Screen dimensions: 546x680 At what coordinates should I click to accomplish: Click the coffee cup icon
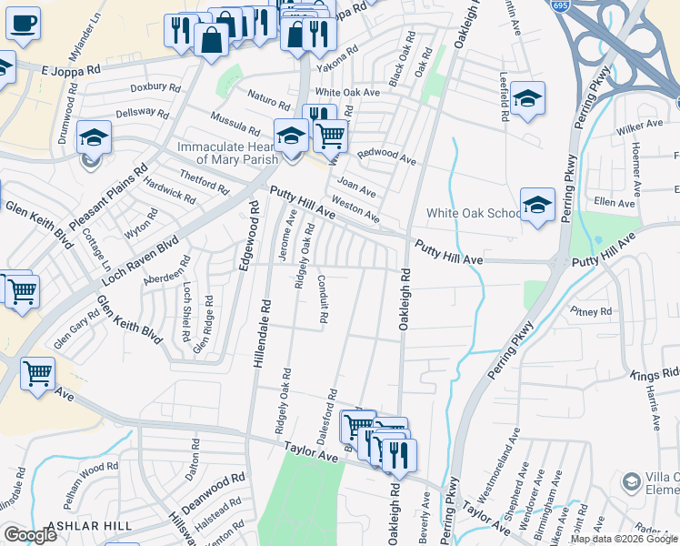pyautogui.click(x=24, y=23)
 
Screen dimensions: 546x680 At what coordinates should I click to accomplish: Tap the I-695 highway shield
pyautogui.click(x=560, y=5)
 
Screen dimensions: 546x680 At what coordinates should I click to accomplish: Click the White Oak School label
pyautogui.click(x=472, y=214)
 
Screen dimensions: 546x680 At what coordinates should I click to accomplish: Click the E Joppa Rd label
pyautogui.click(x=72, y=68)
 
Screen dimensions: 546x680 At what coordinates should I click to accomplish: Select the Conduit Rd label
pyautogui.click(x=324, y=300)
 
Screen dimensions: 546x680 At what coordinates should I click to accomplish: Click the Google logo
pyautogui.click(x=30, y=535)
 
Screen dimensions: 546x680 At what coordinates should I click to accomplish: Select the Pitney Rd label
pyautogui.click(x=592, y=311)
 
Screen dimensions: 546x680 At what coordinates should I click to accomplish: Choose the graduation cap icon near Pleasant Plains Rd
pyautogui.click(x=94, y=137)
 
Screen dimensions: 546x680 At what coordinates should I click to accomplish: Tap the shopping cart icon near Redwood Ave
pyautogui.click(x=330, y=136)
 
